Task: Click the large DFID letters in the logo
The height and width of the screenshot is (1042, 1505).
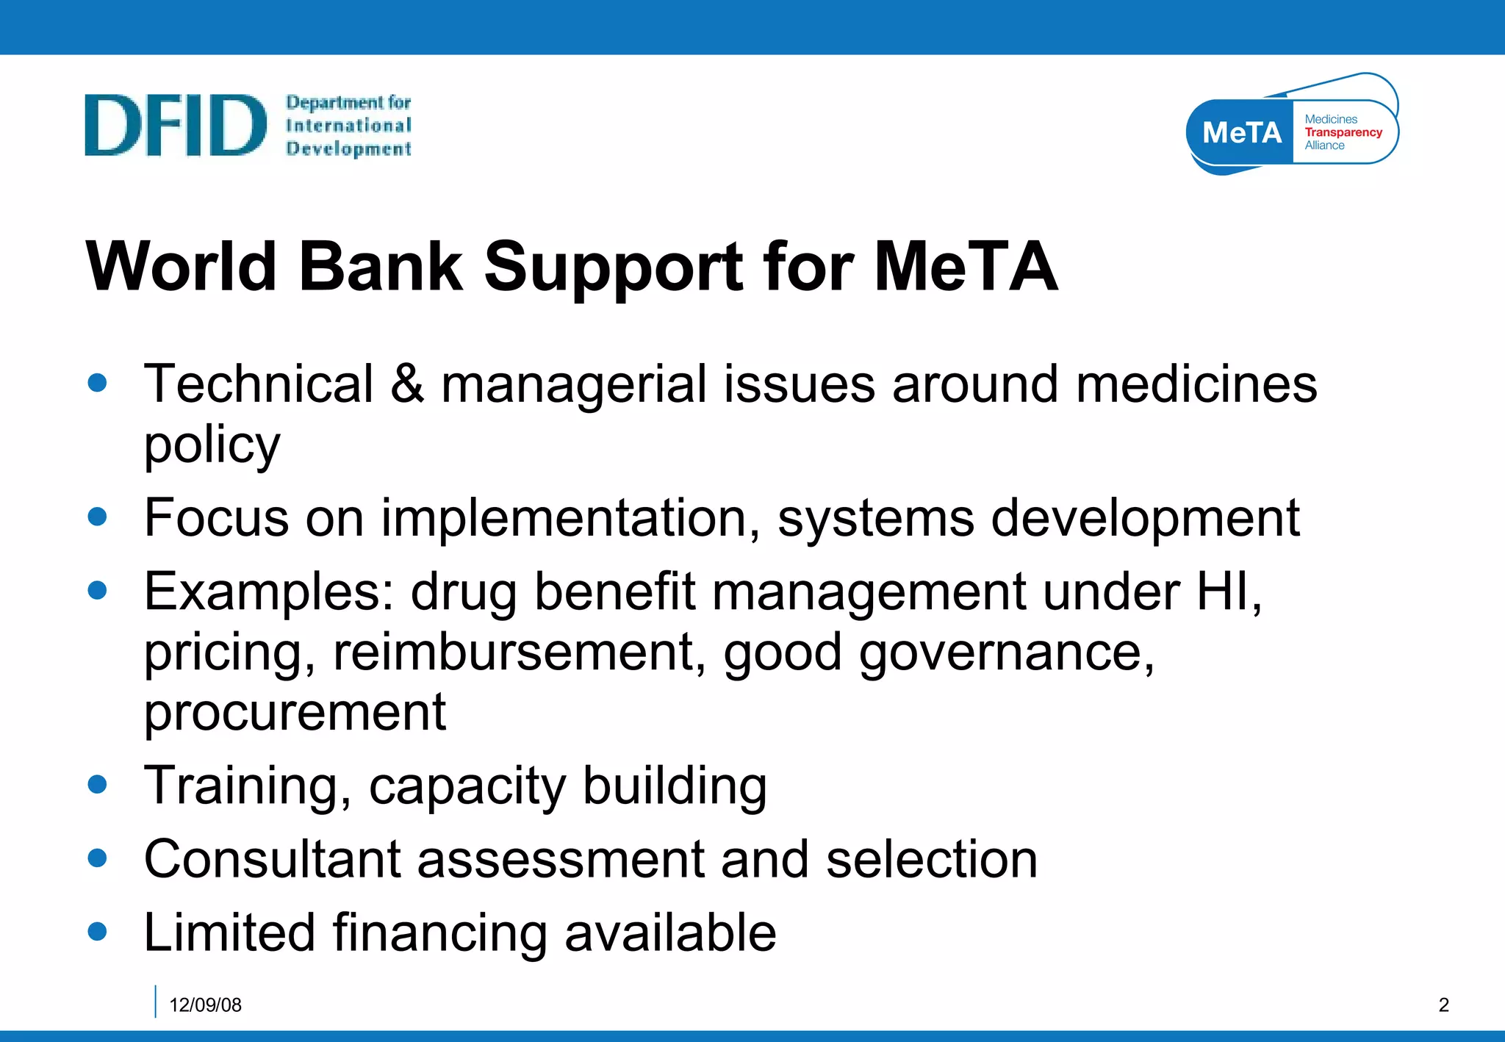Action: tap(175, 125)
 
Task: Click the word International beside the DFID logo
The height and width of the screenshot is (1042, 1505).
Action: tap(348, 126)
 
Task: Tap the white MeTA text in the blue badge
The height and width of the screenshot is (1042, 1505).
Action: tap(1241, 133)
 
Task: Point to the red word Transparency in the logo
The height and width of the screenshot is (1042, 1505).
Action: tap(1343, 132)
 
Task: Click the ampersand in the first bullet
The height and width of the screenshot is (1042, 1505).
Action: tap(407, 384)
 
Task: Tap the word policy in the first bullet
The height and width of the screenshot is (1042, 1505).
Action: tap(212, 445)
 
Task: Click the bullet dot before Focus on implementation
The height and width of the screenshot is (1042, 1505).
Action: tap(97, 516)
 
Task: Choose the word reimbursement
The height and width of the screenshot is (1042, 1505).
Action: tap(519, 653)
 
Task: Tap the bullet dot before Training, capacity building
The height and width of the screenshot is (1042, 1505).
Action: tap(97, 783)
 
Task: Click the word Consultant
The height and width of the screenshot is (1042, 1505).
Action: tap(272, 859)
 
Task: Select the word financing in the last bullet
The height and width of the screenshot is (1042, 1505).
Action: tap(439, 933)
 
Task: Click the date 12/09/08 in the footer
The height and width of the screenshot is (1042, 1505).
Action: tap(205, 1005)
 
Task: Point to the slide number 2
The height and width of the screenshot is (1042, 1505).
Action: tap(1443, 1005)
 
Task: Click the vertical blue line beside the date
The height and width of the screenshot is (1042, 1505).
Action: tap(156, 1002)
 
